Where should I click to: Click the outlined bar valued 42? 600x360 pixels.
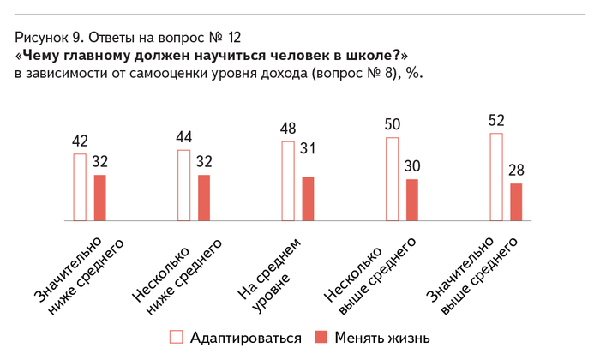(x=80, y=187)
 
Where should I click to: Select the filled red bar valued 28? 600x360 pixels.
(x=516, y=202)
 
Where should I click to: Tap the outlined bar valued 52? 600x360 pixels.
(x=495, y=177)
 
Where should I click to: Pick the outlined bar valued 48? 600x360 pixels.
(x=288, y=182)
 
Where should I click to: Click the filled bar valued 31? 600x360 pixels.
(x=309, y=199)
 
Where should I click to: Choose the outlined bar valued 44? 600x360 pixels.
(x=183, y=185)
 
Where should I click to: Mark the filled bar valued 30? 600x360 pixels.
(x=412, y=200)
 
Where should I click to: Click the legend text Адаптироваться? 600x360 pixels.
(x=246, y=338)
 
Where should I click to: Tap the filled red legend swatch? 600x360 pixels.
(x=321, y=337)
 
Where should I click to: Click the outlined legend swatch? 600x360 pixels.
(x=177, y=337)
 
